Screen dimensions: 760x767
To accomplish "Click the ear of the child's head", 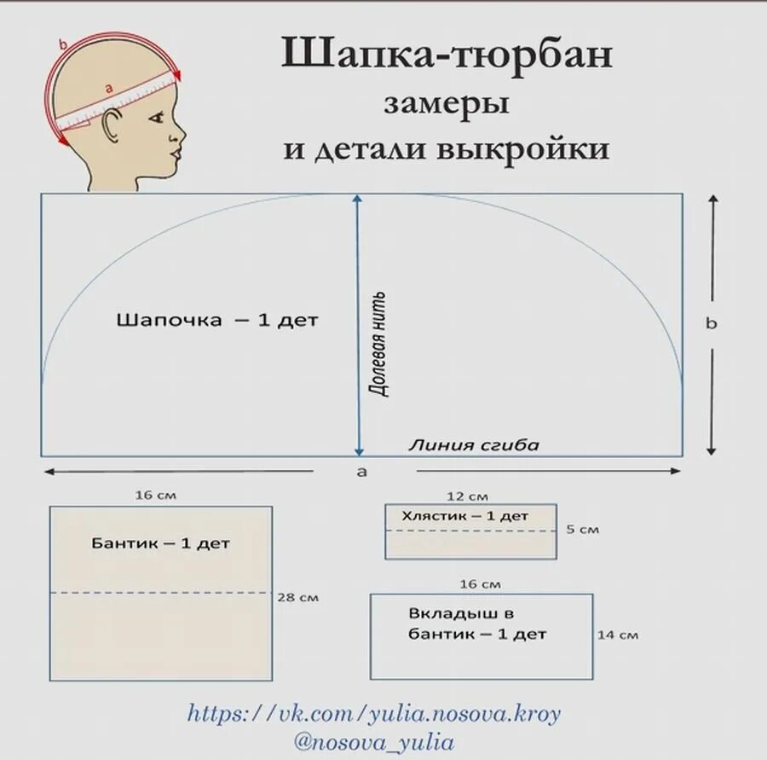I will (112, 129).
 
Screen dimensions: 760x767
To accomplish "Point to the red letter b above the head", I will (63, 44).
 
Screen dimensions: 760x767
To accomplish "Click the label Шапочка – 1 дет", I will (216, 321).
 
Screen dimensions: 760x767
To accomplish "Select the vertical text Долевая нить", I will (378, 344).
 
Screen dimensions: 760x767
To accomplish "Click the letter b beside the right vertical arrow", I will (712, 323).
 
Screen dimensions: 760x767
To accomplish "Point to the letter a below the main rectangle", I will (361, 472).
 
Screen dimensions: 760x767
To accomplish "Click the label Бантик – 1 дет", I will (160, 543).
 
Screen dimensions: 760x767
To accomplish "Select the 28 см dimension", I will (297, 598).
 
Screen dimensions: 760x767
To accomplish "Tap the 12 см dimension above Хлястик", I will (467, 496).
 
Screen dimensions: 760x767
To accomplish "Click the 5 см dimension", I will (582, 530).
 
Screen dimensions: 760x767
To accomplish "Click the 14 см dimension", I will (618, 635).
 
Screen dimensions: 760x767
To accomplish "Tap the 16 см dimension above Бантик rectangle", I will (156, 495).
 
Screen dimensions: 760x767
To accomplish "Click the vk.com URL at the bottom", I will (373, 713).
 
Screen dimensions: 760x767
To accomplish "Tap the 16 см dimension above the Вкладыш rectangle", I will (480, 584).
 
